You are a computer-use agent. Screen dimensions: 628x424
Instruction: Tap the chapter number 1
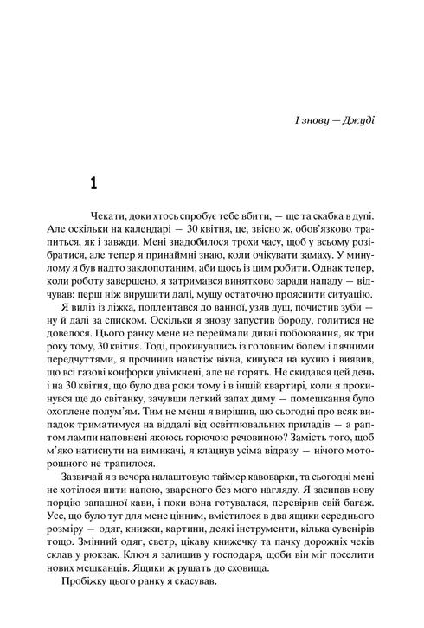tap(95, 183)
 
